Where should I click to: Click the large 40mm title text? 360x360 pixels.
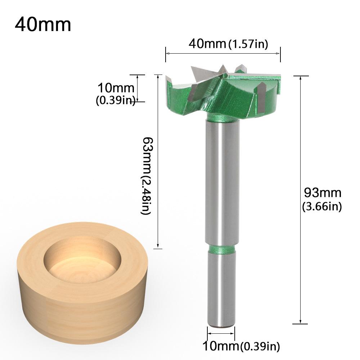[43, 25]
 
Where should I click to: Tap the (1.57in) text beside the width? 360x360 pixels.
[248, 44]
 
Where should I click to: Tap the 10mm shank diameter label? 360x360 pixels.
[220, 346]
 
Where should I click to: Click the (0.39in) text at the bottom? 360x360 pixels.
[260, 347]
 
